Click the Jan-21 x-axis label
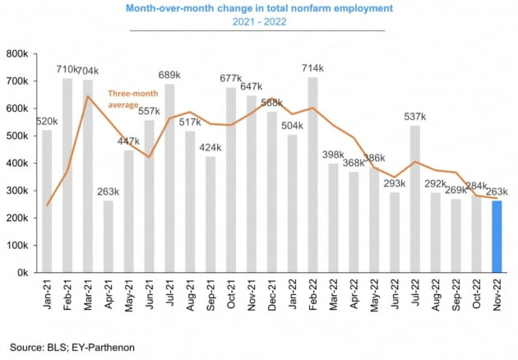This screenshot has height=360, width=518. coord(47,295)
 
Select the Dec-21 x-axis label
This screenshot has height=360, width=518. coord(272,295)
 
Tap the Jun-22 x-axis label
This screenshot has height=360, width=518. coord(395,295)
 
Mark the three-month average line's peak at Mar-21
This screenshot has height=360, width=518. coord(88,96)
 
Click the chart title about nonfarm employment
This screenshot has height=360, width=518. coord(259,8)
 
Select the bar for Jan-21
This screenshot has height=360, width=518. coord(47,201)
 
